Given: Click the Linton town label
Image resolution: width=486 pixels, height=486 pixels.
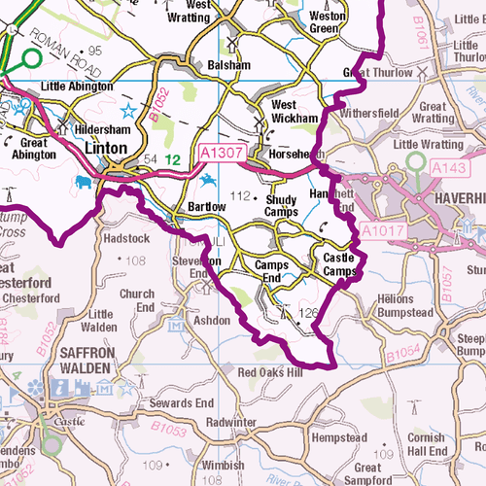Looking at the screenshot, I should (107, 148).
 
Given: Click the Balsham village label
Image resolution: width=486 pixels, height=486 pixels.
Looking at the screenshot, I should (229, 65).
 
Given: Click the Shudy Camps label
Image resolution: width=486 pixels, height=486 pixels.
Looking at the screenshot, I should (281, 205).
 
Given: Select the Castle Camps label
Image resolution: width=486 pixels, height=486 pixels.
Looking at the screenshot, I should (338, 263).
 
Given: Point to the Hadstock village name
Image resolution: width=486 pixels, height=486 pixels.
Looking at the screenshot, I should (125, 239).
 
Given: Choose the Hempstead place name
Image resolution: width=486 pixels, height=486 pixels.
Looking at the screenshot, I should (341, 438).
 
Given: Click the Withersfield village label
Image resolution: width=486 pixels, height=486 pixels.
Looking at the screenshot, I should (369, 112).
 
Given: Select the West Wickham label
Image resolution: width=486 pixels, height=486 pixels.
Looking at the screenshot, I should (295, 111).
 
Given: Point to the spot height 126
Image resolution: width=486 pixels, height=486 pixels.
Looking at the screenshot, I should (308, 313).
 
